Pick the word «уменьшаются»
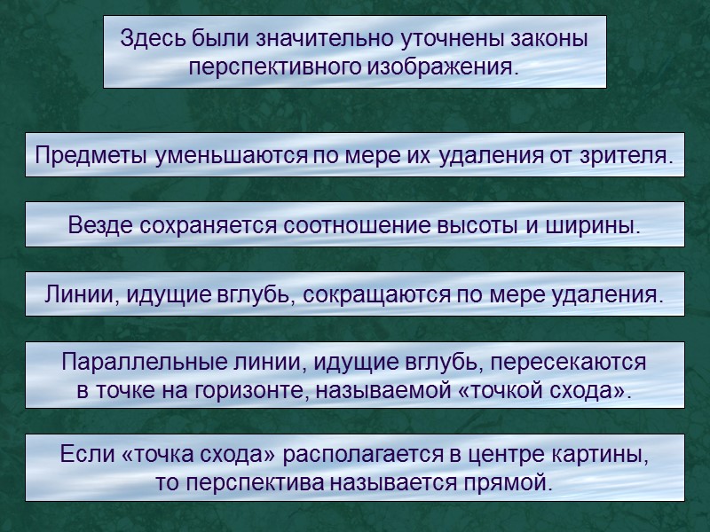coord(229,156)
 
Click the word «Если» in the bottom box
coord(86,456)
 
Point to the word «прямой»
coord(506,483)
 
